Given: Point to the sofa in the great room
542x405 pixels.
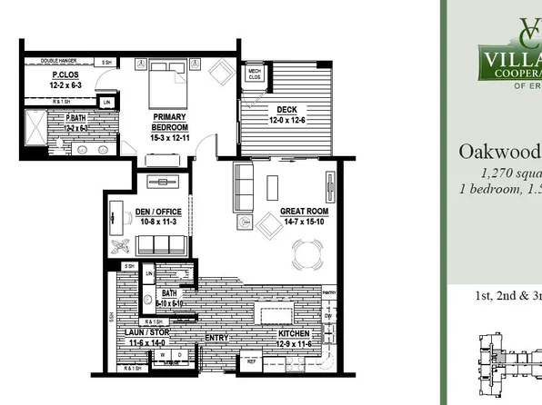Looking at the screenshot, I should [x=244, y=186].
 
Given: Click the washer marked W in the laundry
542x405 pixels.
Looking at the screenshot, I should [x=163, y=354].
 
